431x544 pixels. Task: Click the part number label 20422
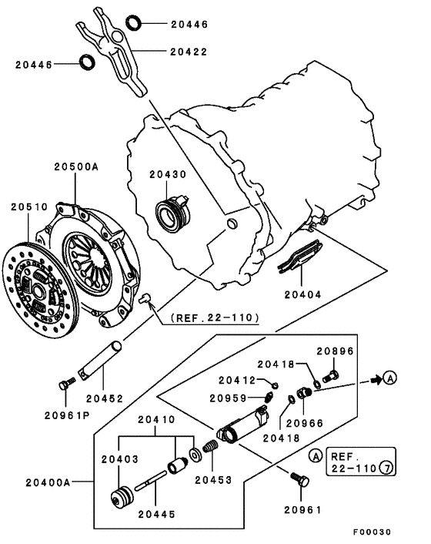189,52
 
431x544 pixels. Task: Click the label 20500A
76,166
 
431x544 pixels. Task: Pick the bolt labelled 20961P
66,384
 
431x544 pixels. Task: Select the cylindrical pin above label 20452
100,361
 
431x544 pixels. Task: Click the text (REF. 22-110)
215,317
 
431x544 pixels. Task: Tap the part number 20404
302,294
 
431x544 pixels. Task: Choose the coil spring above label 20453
210,446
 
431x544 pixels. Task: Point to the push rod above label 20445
151,479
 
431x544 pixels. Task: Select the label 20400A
48,482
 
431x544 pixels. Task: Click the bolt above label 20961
300,479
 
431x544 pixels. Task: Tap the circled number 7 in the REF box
386,468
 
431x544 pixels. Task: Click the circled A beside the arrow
390,378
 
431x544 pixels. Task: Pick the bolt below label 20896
331,376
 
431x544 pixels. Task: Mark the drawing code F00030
372,532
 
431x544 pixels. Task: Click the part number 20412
236,380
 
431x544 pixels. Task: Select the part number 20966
305,423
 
